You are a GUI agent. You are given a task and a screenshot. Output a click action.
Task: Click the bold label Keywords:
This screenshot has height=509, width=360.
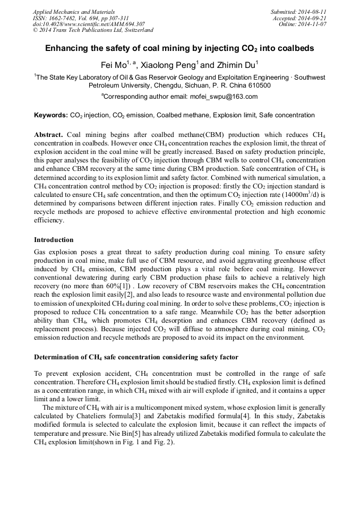pyautogui.click(x=51, y=115)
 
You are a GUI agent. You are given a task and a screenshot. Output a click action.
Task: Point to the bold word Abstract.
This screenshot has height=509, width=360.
pyautogui.click(x=50, y=135)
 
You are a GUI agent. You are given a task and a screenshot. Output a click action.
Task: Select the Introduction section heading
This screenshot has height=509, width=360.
pyautogui.click(x=54, y=240)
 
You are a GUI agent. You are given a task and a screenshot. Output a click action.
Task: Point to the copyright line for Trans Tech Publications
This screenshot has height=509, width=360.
pyautogui.click(x=93, y=31)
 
